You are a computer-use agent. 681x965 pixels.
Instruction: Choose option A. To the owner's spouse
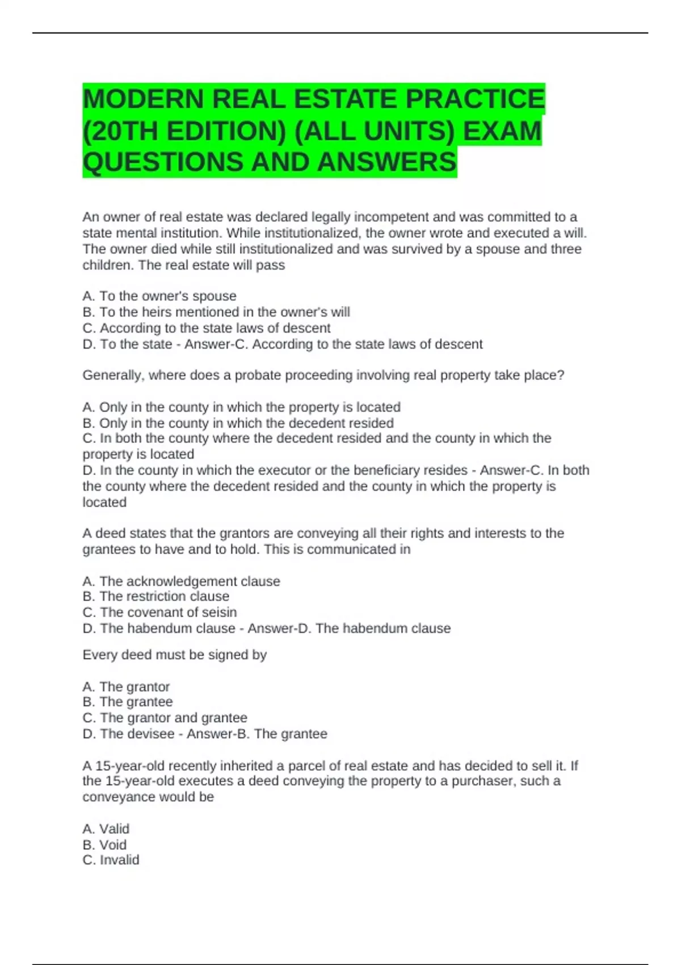(159, 296)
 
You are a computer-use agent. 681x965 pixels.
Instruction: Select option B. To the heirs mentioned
(216, 312)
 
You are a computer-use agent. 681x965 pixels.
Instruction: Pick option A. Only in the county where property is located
(241, 407)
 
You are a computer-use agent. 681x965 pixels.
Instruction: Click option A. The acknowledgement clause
(181, 581)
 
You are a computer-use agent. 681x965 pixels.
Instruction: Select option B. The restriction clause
(156, 596)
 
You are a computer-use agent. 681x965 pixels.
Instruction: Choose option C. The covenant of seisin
(159, 612)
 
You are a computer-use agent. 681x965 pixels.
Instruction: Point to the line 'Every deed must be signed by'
(174, 654)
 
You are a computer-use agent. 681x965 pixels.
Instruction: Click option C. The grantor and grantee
(165, 718)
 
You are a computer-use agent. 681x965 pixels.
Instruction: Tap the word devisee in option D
(150, 733)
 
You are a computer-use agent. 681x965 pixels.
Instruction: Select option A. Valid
(106, 829)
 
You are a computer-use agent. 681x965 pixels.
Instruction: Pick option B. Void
(104, 845)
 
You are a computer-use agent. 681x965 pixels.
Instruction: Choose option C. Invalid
(111, 860)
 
